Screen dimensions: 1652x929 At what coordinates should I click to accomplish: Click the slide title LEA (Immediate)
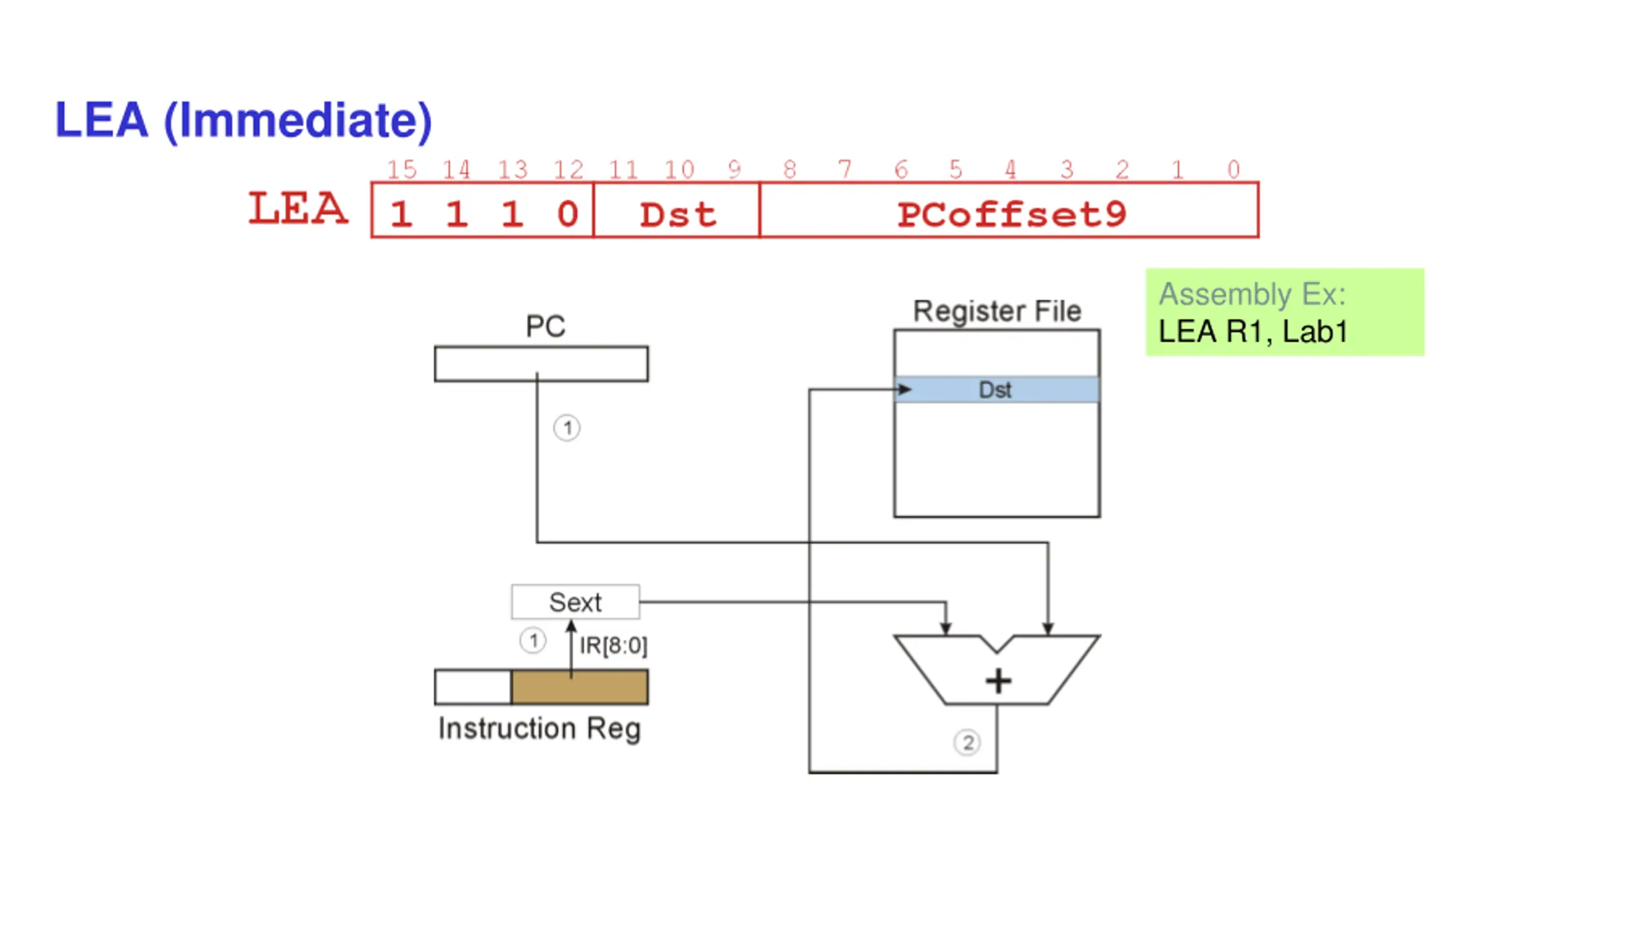(x=243, y=120)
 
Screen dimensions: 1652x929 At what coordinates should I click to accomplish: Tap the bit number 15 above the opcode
(x=401, y=170)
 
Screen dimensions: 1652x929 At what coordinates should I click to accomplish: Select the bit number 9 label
(x=734, y=170)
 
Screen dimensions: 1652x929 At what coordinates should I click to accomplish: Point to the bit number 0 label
(x=1233, y=170)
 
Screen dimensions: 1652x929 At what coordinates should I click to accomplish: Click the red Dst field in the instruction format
(x=678, y=214)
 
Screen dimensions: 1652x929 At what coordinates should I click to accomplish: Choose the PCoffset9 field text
(x=1011, y=214)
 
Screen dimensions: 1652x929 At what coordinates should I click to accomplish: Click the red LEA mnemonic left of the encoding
(x=298, y=208)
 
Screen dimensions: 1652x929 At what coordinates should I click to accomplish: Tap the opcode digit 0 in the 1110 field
(x=568, y=214)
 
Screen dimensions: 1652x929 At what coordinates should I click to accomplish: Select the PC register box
(x=541, y=364)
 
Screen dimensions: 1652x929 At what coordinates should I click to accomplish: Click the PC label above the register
(x=545, y=326)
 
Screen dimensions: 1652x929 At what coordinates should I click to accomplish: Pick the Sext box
(x=575, y=602)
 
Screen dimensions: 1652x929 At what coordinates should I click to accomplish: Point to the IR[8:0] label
(x=613, y=645)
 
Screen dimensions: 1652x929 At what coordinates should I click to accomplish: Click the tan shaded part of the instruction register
(x=579, y=686)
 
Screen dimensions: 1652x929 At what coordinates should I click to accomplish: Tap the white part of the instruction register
(x=473, y=686)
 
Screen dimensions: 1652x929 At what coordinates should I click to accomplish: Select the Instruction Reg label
(x=539, y=729)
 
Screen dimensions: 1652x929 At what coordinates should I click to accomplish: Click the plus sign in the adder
(x=998, y=681)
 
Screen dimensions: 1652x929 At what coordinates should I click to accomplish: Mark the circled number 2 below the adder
(x=967, y=743)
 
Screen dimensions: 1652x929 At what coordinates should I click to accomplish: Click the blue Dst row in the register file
(x=997, y=390)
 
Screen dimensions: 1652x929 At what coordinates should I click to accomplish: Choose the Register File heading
(x=997, y=311)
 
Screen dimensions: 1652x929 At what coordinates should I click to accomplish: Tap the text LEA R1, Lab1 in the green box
(x=1253, y=332)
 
